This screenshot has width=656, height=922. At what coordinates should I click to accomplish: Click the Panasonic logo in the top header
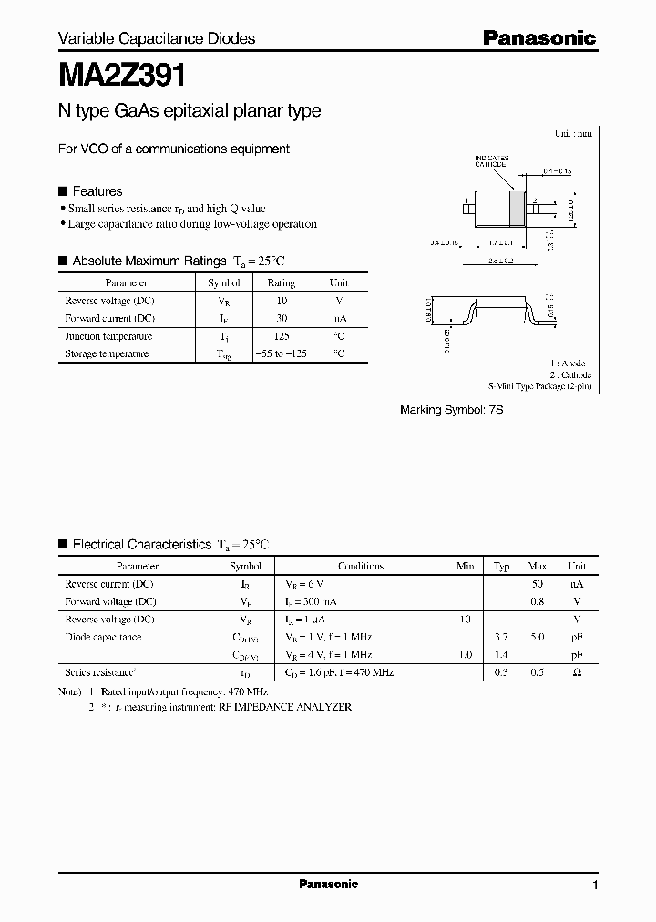click(538, 37)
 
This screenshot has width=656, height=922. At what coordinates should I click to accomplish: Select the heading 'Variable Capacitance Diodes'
click(157, 38)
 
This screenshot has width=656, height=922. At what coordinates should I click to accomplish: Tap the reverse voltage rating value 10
click(281, 301)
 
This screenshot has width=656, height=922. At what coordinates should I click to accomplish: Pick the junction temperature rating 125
click(281, 336)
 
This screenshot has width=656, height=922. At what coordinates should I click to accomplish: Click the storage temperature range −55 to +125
click(281, 353)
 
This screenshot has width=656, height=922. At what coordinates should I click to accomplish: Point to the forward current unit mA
click(338, 318)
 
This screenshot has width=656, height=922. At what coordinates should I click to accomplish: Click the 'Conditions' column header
click(361, 566)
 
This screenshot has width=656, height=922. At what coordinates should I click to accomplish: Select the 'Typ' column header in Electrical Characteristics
click(501, 566)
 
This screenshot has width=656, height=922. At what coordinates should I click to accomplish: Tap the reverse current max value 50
click(537, 583)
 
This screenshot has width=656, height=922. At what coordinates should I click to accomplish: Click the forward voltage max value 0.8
click(537, 601)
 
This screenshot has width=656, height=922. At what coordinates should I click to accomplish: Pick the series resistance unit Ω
click(576, 672)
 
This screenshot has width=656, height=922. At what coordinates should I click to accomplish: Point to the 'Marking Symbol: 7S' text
click(452, 411)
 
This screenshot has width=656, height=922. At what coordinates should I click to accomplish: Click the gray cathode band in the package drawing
click(517, 208)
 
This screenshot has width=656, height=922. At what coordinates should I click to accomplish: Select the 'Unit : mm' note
click(573, 133)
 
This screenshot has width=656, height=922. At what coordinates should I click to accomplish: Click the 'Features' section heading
click(97, 191)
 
